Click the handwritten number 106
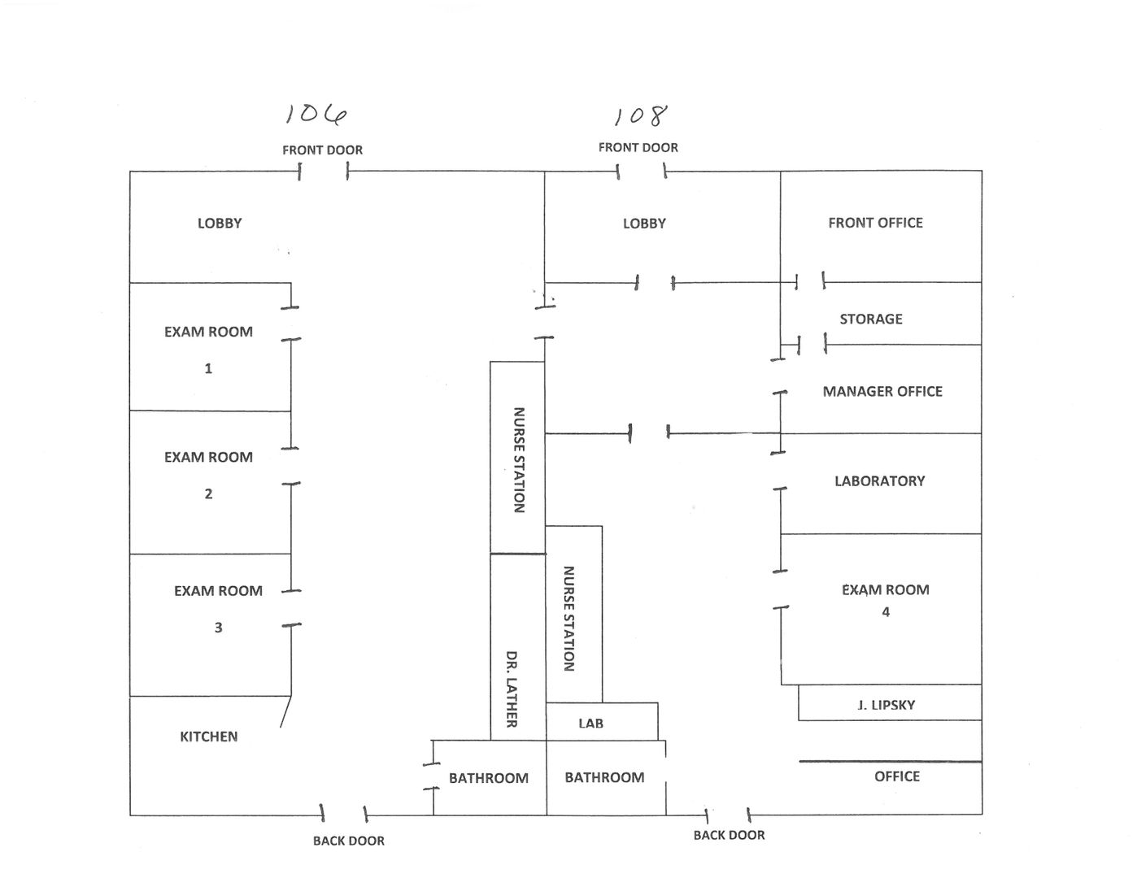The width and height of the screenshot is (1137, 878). click(316, 115)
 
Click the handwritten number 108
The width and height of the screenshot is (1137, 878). click(641, 116)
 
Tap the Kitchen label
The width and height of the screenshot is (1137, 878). click(209, 737)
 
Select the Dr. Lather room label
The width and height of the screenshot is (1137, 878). click(512, 689)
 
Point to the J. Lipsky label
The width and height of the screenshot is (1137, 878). click(887, 705)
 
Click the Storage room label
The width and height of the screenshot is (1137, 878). click(871, 319)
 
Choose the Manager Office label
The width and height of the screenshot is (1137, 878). click(882, 391)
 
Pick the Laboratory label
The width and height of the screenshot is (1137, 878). click(879, 480)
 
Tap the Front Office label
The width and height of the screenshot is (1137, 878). click(875, 222)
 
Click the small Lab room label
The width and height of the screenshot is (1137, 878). click(590, 723)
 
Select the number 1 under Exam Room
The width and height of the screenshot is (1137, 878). click(208, 368)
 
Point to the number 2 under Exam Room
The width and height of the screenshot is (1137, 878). click(208, 493)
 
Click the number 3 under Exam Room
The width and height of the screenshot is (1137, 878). click(218, 627)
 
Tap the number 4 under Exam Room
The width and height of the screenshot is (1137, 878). click(886, 611)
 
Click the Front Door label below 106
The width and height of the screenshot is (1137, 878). click(322, 150)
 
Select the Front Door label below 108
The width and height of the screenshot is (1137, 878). click(638, 147)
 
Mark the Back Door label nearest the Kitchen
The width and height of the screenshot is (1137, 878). click(348, 841)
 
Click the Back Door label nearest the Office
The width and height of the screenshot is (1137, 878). click(729, 835)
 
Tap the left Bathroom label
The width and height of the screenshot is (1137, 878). click(488, 778)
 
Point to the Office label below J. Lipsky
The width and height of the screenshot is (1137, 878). click(897, 776)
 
